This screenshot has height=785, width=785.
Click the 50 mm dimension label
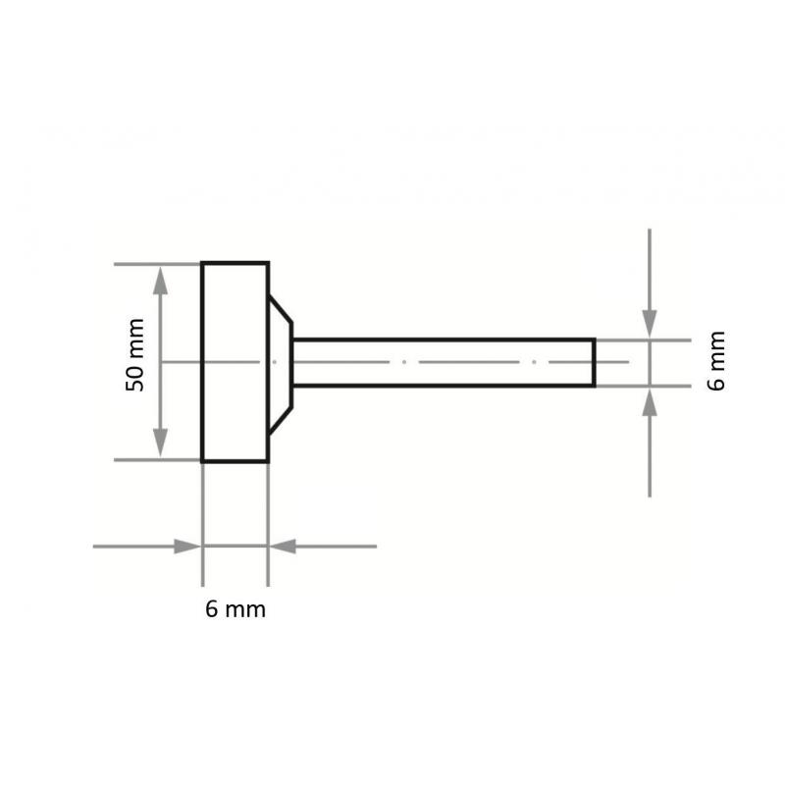click(135, 355)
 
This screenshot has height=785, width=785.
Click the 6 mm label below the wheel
click(235, 609)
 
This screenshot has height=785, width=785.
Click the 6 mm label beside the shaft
click(716, 360)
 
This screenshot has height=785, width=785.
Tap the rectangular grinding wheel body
click(235, 361)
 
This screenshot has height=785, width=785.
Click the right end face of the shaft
click(595, 362)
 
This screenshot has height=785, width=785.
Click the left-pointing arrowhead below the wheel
click(282, 546)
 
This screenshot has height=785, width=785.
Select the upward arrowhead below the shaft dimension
click(649, 401)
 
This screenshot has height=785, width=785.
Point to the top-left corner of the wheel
click(203, 263)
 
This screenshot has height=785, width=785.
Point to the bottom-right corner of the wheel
click(268, 460)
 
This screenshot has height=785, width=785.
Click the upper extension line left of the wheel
click(147, 263)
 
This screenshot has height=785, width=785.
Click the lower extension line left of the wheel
click(147, 460)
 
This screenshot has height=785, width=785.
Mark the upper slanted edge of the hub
click(281, 315)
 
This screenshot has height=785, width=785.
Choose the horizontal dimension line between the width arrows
click(235, 546)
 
